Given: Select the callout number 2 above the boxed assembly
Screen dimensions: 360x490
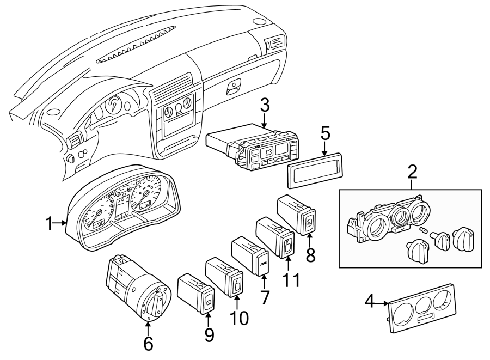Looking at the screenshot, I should click(x=412, y=173).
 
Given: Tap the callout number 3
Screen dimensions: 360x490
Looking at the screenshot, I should click(x=265, y=106).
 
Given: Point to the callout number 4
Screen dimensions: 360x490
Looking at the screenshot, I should click(x=369, y=301).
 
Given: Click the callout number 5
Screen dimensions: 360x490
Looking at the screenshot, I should click(x=325, y=133).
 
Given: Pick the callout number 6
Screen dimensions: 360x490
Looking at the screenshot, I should click(x=148, y=343).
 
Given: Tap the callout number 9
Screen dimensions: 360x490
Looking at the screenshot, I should click(x=209, y=335).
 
